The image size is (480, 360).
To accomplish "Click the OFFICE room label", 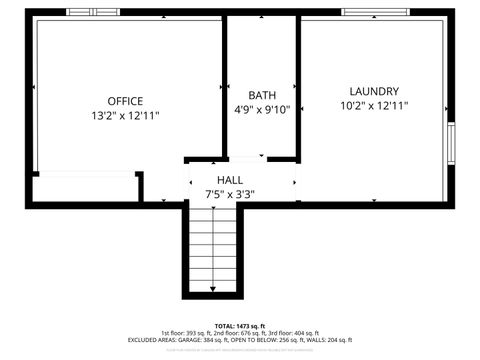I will click(x=125, y=101).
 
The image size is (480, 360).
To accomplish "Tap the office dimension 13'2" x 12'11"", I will click(x=125, y=116).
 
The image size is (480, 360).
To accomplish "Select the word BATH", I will click(x=262, y=95).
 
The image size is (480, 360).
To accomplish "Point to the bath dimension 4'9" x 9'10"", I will click(x=262, y=110).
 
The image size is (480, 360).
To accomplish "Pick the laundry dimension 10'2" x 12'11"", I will click(x=374, y=106).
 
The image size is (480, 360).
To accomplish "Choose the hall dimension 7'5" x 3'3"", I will click(x=230, y=194).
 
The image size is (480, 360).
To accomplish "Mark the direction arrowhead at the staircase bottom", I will click(x=213, y=290).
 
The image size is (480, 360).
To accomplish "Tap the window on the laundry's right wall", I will click(x=451, y=148).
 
